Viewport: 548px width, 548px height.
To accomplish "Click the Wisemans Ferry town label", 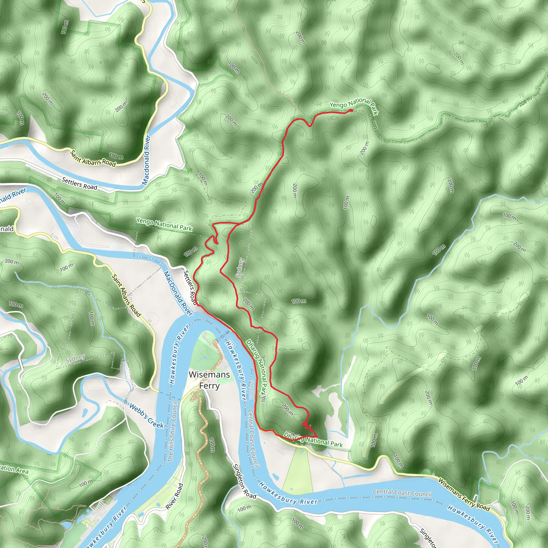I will pos(209,380).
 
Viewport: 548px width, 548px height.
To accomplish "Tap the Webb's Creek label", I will pos(146,416).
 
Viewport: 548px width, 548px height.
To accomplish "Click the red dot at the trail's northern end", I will pos(352,110).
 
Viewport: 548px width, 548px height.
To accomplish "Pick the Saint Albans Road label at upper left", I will pos(93,159).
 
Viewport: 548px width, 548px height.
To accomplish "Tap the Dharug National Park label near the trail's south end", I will pos(313,440).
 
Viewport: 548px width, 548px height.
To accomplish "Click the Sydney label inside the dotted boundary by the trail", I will pos(240,268).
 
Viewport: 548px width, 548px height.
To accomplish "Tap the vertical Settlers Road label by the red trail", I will pos(190,287).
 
